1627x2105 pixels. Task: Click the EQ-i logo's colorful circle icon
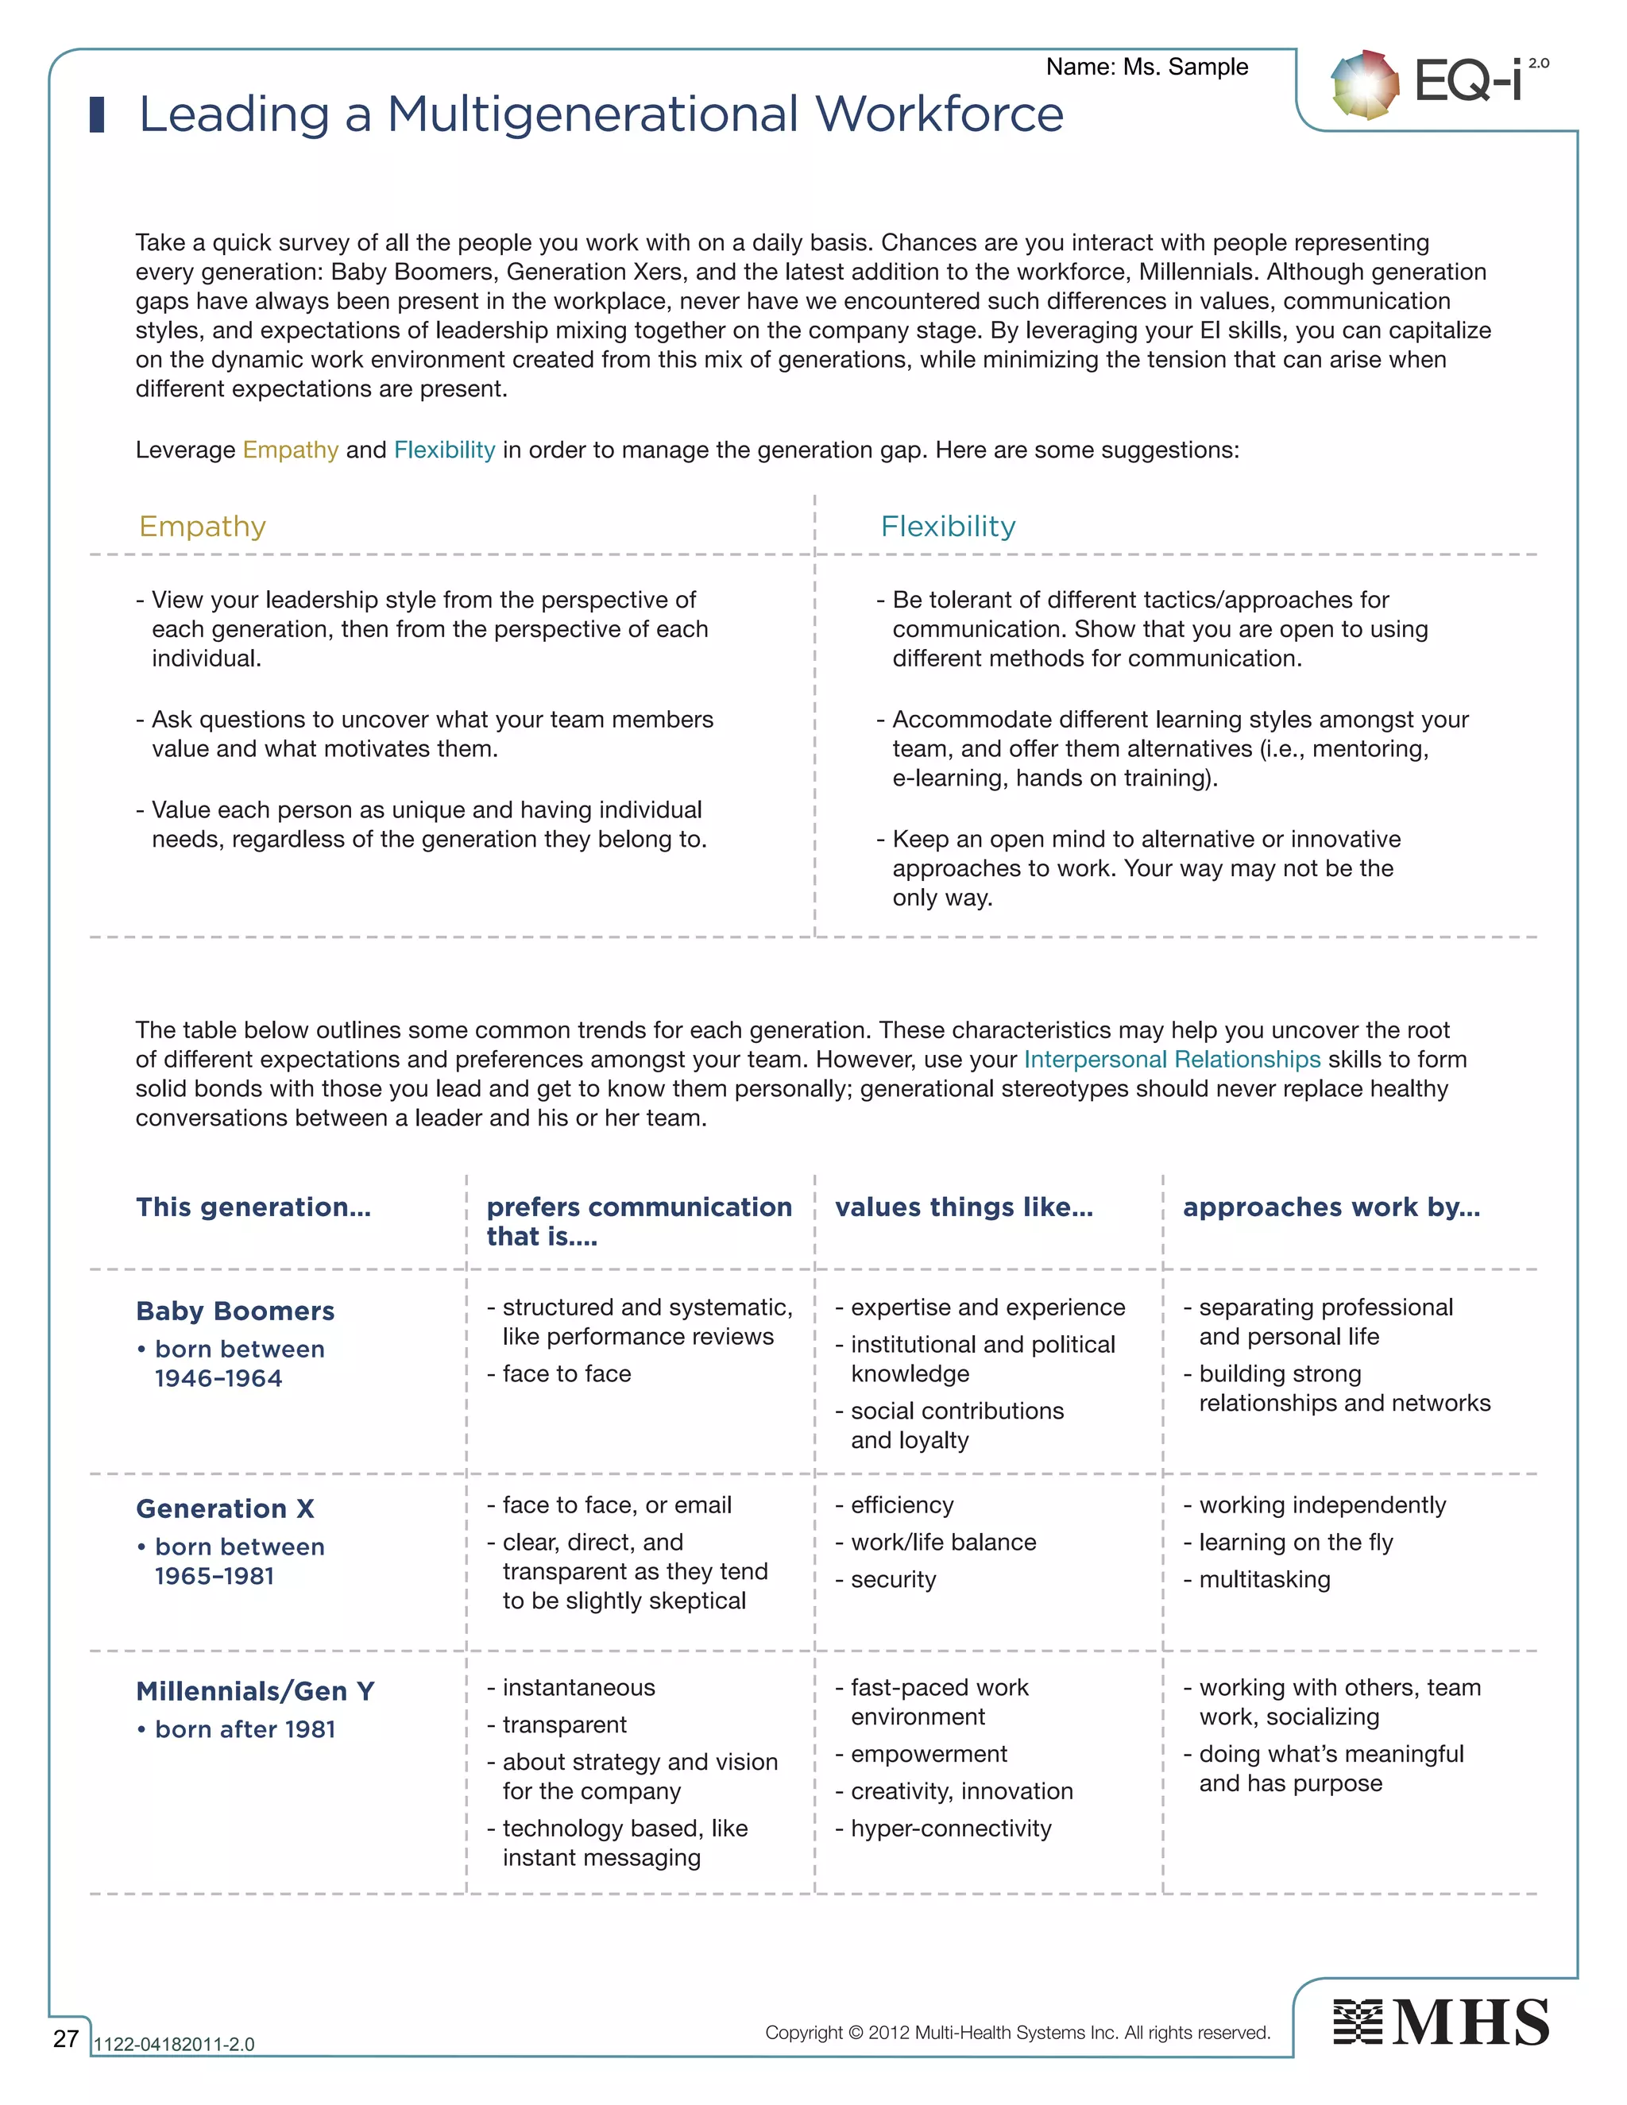(1364, 85)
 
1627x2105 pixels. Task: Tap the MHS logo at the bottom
(1441, 2022)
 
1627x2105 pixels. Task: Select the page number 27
(66, 2037)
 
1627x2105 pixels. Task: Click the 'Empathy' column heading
(203, 526)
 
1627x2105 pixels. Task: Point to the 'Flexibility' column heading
(948, 526)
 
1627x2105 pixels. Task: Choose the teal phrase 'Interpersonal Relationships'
(1171, 1059)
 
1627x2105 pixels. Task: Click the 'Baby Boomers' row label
(235, 1311)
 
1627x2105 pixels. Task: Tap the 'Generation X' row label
(225, 1508)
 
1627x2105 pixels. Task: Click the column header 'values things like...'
(964, 1207)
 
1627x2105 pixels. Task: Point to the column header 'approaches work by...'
(1331, 1207)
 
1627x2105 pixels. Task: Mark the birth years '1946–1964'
(218, 1378)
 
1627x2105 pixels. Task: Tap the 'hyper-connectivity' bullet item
(950, 1829)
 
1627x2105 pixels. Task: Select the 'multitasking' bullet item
(1264, 1580)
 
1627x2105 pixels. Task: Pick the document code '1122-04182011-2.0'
(173, 2045)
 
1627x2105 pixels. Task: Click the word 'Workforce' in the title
(939, 114)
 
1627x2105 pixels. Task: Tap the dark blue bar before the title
(96, 114)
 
